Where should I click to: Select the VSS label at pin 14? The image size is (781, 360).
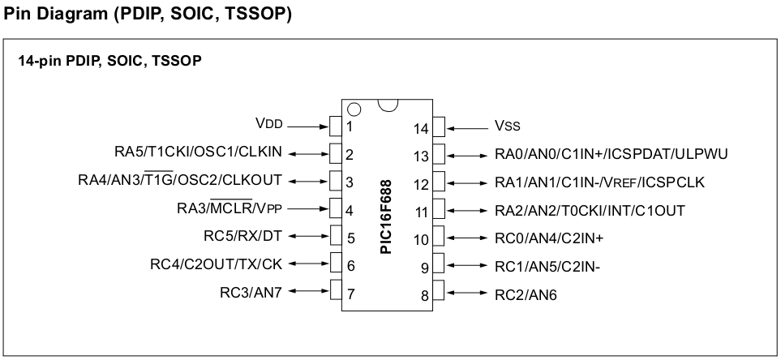coord(508,126)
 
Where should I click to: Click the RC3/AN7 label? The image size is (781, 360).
coord(251,292)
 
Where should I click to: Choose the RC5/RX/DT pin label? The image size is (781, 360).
coord(242,238)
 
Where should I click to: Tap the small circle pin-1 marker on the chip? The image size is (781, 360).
coord(353,109)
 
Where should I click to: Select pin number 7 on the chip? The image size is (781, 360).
coord(350,294)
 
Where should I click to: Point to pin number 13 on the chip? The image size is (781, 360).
coord(420,156)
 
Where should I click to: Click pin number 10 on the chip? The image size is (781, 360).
coord(420,240)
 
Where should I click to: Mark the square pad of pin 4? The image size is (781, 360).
coord(334,208)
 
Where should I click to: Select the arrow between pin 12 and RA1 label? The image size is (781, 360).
coord(468,182)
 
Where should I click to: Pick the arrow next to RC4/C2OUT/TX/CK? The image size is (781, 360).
coord(307,263)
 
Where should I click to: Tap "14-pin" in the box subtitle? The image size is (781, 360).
coord(39,62)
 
